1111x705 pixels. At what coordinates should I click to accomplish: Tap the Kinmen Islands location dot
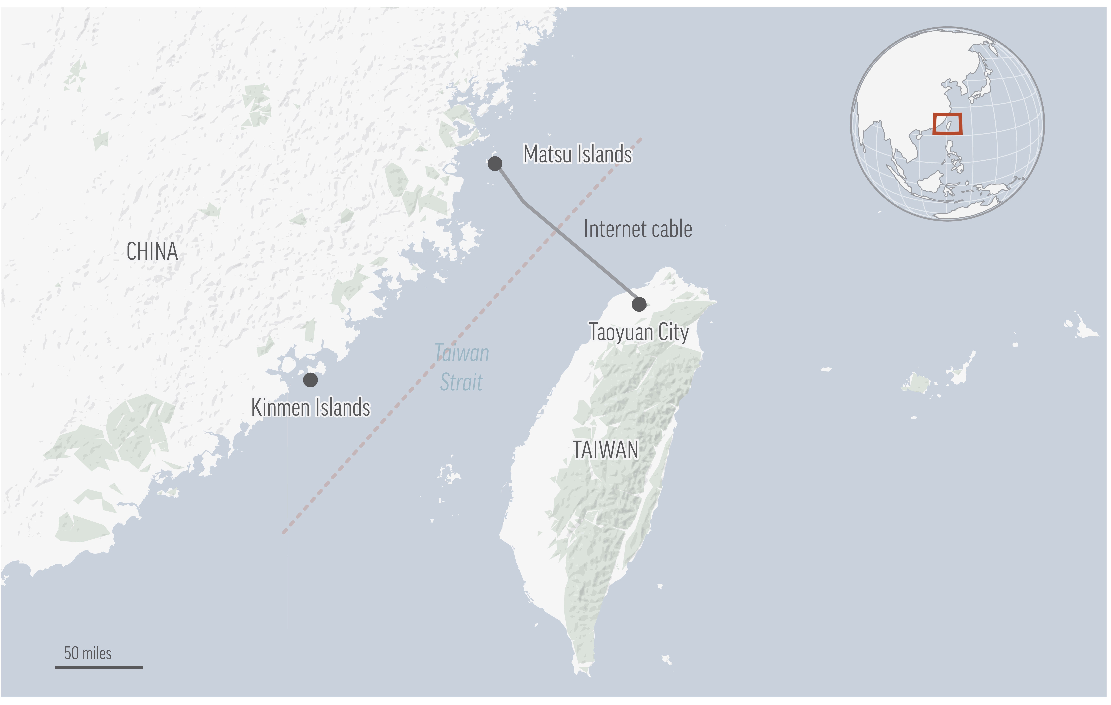click(311, 380)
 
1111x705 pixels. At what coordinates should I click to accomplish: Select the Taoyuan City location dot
click(639, 304)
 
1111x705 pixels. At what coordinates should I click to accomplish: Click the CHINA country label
click(152, 252)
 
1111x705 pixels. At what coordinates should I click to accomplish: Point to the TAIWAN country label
click(605, 450)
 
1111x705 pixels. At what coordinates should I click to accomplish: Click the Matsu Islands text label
click(577, 154)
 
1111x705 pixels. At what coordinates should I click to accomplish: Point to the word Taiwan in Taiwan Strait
click(462, 353)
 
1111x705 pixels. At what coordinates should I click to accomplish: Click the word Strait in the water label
click(461, 382)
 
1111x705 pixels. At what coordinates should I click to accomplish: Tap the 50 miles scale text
click(88, 653)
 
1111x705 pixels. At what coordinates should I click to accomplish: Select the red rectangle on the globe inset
click(947, 124)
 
